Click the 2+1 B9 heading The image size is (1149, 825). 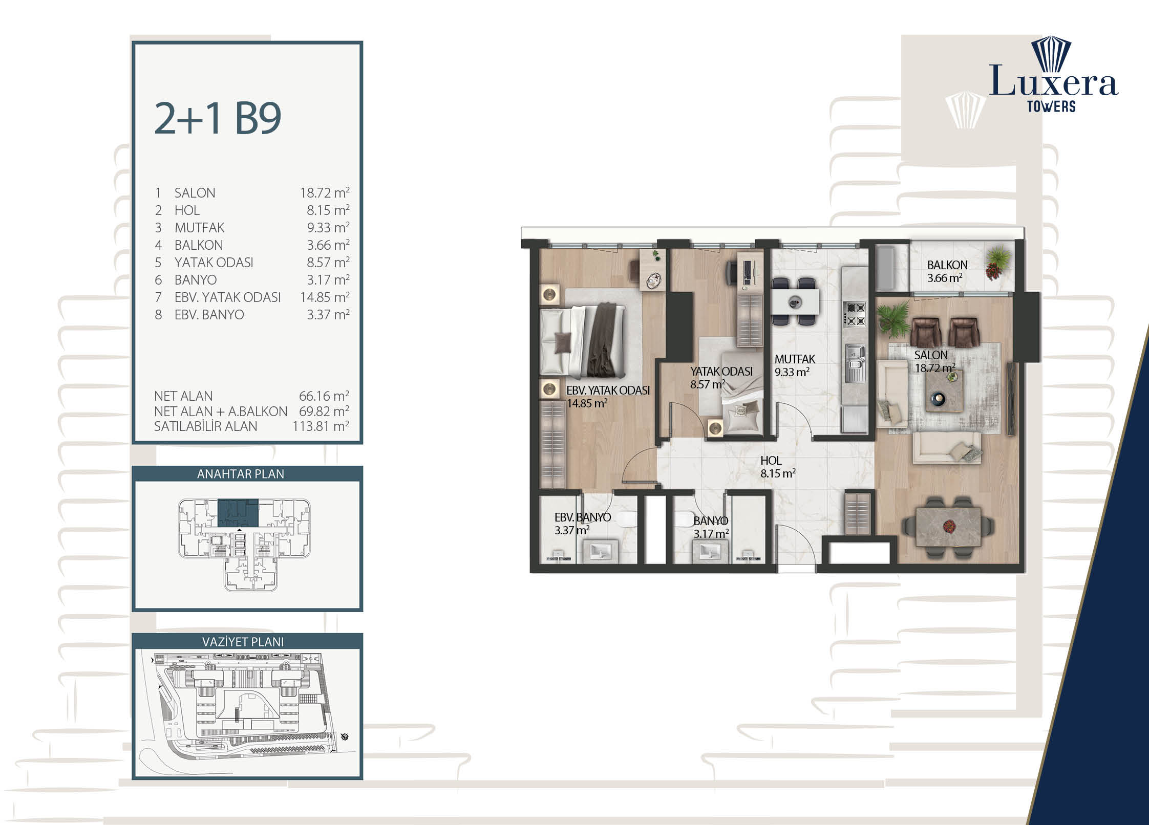pyautogui.click(x=218, y=118)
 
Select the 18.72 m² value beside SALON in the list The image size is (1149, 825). pyautogui.click(x=325, y=192)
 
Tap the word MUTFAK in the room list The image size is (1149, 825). pyautogui.click(x=199, y=227)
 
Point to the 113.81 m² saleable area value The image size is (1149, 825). pyautogui.click(x=321, y=426)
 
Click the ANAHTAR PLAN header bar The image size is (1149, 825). pyautogui.click(x=247, y=473)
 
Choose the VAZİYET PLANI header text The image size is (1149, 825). pyautogui.click(x=243, y=641)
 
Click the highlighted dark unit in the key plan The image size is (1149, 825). pyautogui.click(x=238, y=512)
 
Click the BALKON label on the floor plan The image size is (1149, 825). pyautogui.click(x=947, y=265)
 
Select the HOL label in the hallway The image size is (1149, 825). pyautogui.click(x=771, y=461)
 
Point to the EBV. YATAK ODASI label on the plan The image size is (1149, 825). pyautogui.click(x=608, y=390)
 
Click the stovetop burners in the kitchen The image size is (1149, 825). pyautogui.click(x=855, y=314)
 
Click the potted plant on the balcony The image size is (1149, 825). pyautogui.click(x=999, y=263)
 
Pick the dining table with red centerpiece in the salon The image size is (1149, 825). pyautogui.click(x=948, y=527)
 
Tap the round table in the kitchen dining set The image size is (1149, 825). pyautogui.click(x=795, y=302)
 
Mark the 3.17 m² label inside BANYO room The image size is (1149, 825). pyautogui.click(x=711, y=534)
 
